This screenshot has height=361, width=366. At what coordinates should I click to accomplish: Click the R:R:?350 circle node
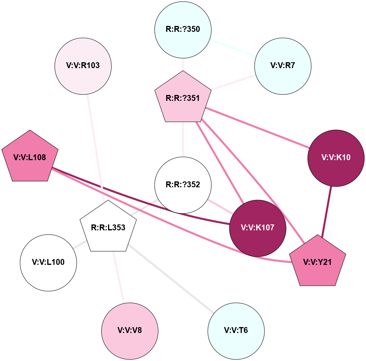coord(183,29)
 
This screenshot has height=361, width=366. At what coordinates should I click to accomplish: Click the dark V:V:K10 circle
coord(336,158)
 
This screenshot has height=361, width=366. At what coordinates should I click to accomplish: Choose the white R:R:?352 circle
coord(183,185)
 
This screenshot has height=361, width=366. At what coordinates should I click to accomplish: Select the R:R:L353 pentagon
coord(108,227)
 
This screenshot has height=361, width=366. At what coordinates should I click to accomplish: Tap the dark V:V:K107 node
coord(258,228)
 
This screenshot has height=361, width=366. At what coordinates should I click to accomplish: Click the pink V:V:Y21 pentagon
coord(318,262)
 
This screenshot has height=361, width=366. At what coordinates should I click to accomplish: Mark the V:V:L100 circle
coord(48,262)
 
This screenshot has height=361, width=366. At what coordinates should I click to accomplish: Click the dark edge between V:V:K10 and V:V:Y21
coord(326,211)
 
